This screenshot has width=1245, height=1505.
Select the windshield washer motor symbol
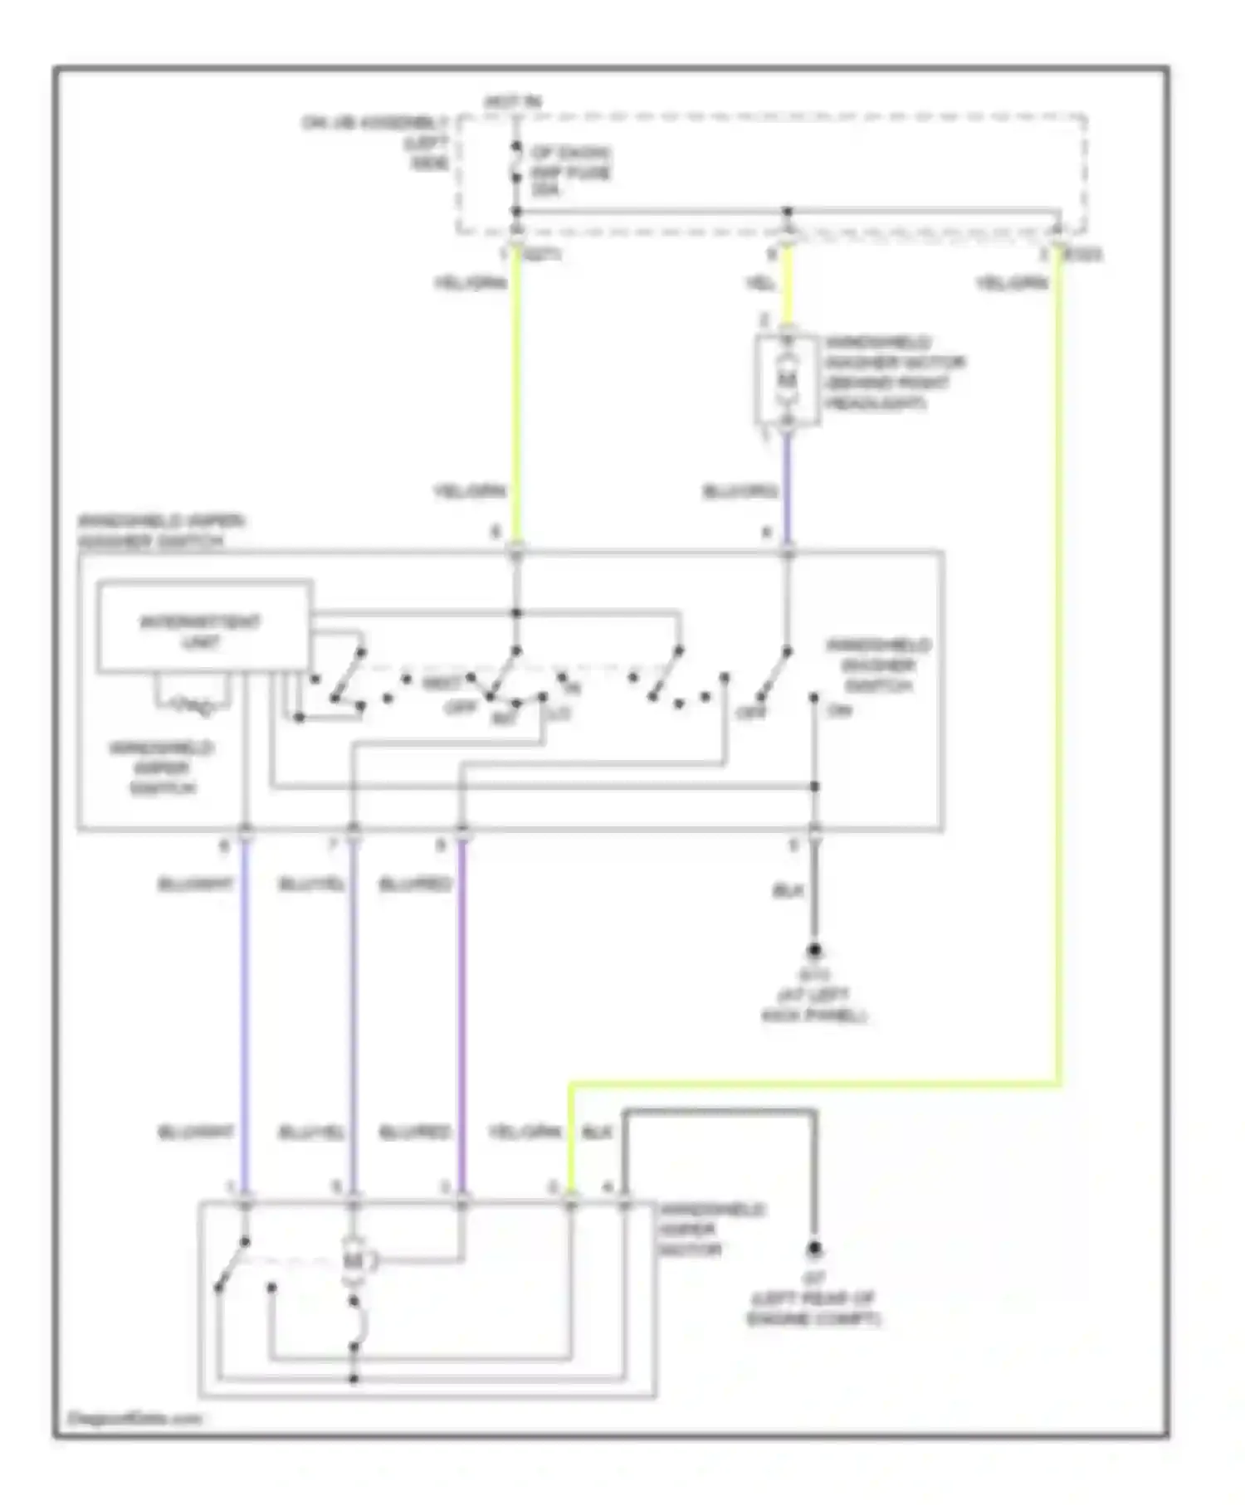tap(786, 380)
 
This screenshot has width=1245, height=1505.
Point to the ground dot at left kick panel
tap(814, 949)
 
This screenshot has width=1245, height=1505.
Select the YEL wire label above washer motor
tap(760, 284)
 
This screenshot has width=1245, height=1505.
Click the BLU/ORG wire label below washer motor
tap(739, 492)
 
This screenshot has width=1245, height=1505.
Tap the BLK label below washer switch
tap(787, 890)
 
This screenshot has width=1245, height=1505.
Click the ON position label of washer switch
tap(839, 711)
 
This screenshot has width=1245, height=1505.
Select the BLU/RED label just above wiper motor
tap(414, 1132)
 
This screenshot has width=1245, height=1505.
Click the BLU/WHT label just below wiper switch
tap(195, 884)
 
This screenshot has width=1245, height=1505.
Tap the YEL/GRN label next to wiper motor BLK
tap(525, 1132)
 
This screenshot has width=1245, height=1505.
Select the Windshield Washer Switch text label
tap(879, 665)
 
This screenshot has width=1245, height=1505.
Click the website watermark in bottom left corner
tap(134, 1419)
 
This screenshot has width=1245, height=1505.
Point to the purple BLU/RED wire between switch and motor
tap(462, 1012)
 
